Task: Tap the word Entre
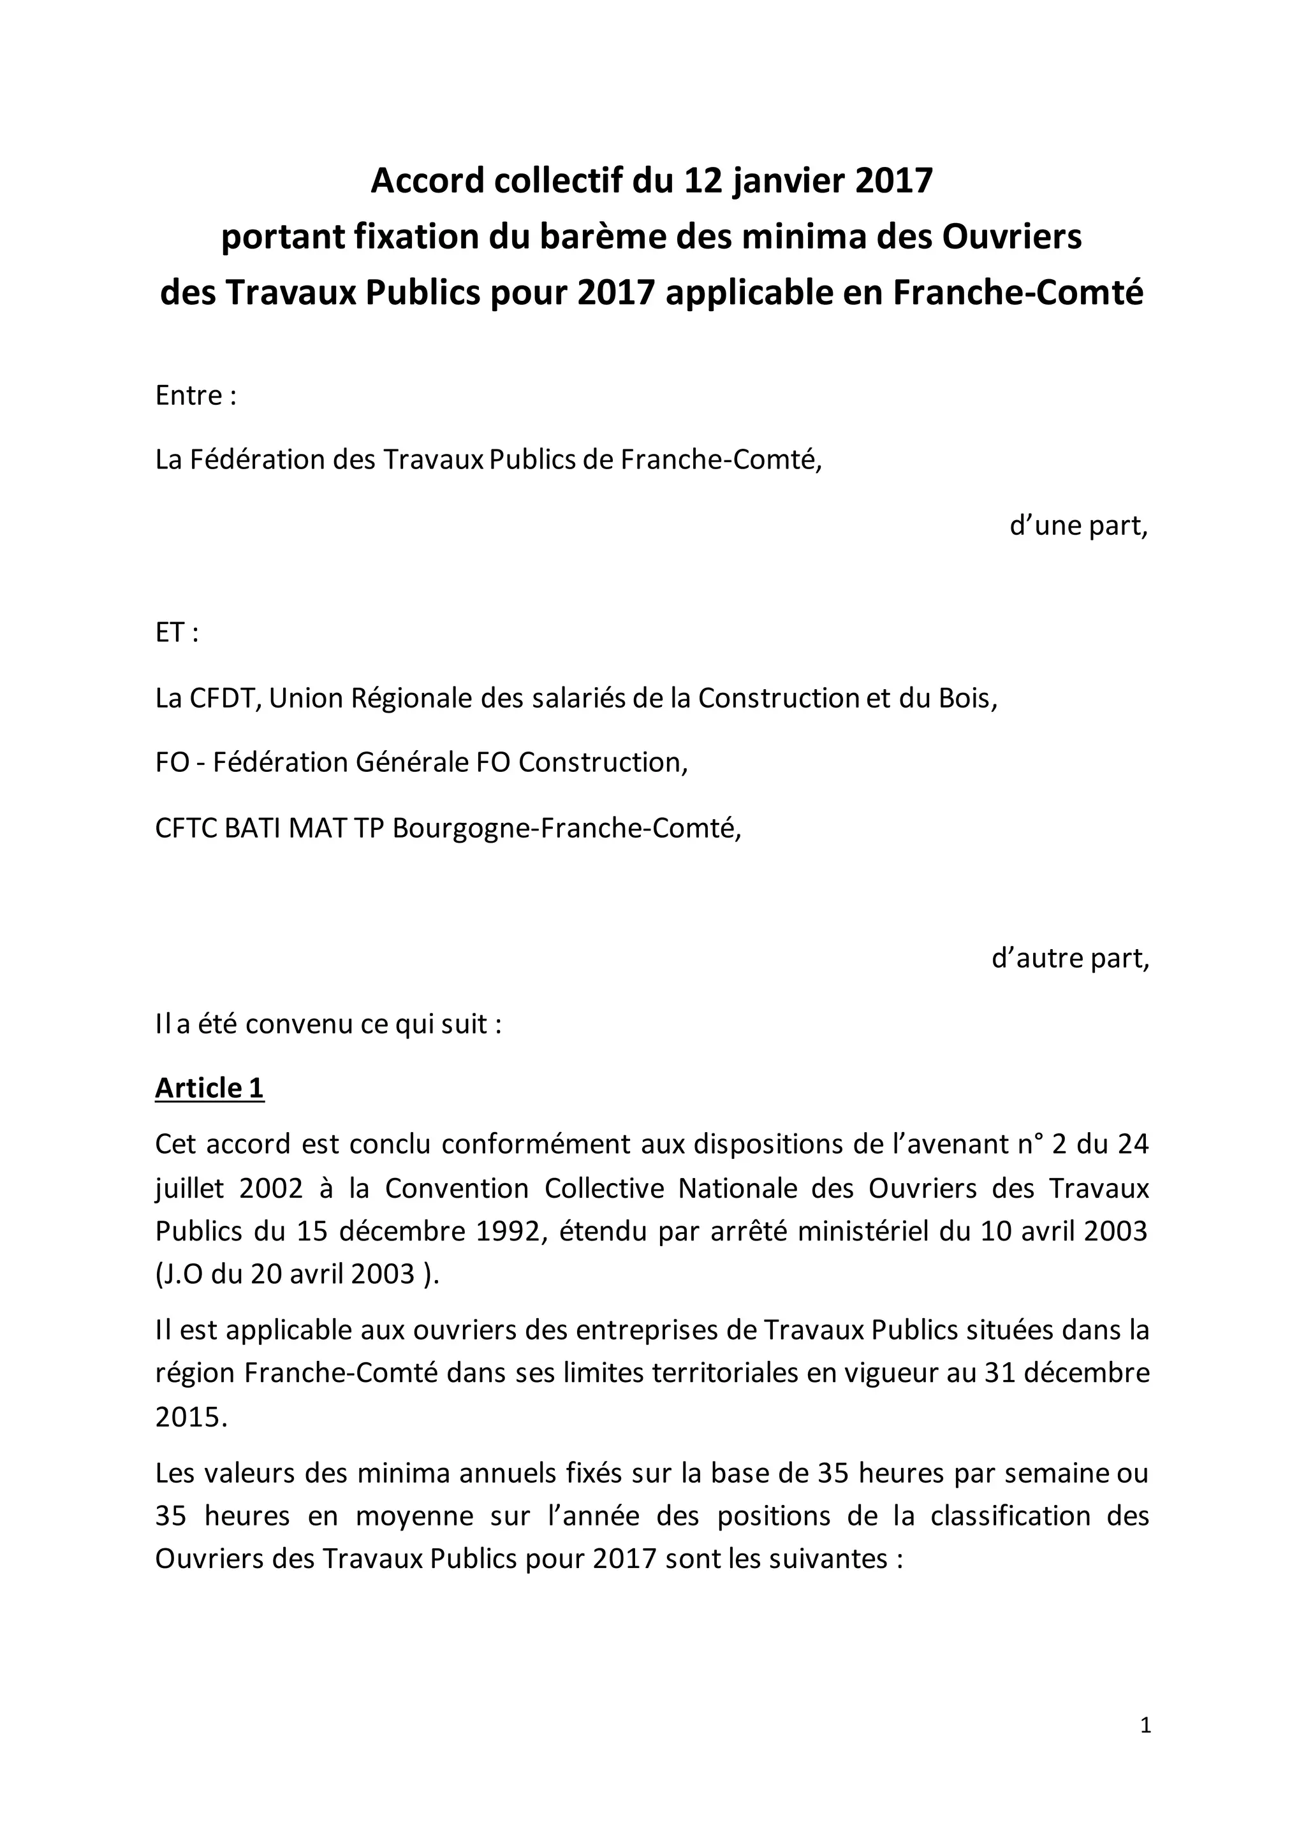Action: point(189,396)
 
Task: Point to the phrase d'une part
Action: point(1078,525)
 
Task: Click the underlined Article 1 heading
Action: point(209,1088)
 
